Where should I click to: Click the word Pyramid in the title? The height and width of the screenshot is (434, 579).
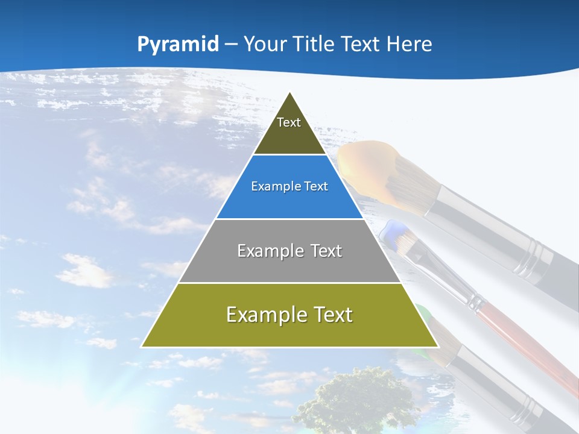[x=177, y=45]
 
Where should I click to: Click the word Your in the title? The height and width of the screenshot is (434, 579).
[x=264, y=44]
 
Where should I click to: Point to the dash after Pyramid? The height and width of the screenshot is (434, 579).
[x=231, y=45]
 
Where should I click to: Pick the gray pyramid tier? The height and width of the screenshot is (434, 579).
[x=289, y=265]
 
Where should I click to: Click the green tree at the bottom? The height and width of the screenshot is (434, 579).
[x=356, y=401]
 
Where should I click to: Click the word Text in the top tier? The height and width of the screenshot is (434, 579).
[x=289, y=122]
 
